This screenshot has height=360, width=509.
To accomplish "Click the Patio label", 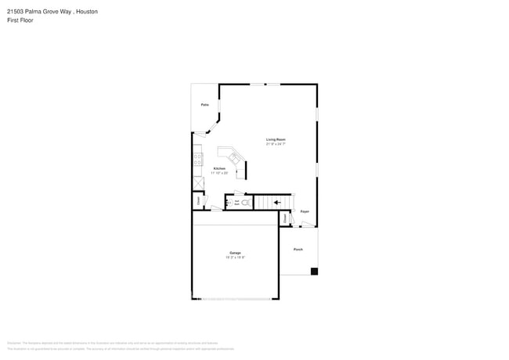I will click(204, 104).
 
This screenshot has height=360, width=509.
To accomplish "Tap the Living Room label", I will click(276, 139).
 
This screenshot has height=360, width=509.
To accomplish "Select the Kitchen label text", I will click(219, 168).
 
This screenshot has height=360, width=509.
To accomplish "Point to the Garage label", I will click(235, 253).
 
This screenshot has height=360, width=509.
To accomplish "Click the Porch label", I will click(298, 249).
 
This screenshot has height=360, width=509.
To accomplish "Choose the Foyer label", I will click(305, 211).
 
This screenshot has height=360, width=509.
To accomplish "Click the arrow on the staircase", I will click(276, 203).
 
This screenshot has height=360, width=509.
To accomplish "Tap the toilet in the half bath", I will click(245, 203).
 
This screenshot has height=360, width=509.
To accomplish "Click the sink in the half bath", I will click(229, 202).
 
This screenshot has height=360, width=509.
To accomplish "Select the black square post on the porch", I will click(314, 272).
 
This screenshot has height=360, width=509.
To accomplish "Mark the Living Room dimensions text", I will click(276, 144).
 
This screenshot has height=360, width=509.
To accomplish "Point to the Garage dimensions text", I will click(235, 257).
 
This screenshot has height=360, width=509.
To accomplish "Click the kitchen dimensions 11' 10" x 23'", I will click(220, 173).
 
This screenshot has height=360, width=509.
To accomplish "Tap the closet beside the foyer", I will click(285, 219).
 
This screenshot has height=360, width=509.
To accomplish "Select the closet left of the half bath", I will click(199, 200).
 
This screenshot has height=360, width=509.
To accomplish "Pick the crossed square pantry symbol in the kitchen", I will click(199, 183).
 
